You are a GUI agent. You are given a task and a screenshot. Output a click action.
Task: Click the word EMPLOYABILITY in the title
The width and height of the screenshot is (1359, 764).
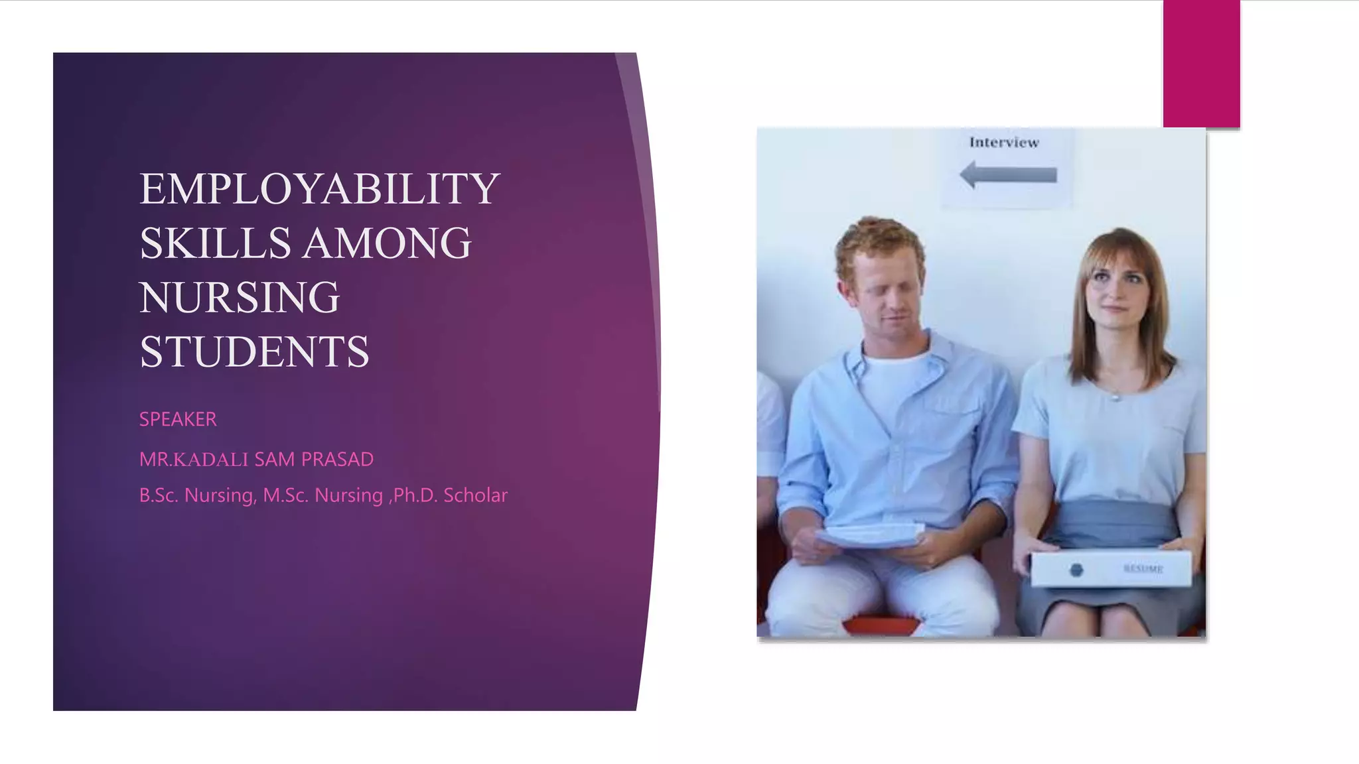(x=319, y=189)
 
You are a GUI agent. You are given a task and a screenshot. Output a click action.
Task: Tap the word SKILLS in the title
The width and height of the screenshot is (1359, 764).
(x=215, y=243)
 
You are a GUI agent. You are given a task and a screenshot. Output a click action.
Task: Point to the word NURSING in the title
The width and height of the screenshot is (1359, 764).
(x=240, y=298)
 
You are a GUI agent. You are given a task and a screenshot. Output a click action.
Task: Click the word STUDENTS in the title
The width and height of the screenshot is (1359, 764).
(x=254, y=352)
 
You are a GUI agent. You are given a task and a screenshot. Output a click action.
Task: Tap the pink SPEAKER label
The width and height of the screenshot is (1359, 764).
(x=178, y=419)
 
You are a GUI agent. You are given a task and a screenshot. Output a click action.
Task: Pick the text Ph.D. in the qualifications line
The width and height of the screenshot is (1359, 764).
(x=415, y=495)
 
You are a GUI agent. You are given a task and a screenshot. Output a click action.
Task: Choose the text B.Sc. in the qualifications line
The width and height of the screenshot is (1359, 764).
(x=159, y=495)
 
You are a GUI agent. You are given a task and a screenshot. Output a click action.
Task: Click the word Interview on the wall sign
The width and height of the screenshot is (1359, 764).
(x=1004, y=143)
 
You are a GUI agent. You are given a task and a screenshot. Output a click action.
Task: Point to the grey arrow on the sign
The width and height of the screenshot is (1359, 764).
(x=1008, y=176)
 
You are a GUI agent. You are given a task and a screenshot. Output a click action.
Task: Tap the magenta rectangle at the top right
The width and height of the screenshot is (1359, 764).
(x=1201, y=64)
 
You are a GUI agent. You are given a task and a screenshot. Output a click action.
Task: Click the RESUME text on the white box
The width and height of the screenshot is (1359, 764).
(x=1143, y=569)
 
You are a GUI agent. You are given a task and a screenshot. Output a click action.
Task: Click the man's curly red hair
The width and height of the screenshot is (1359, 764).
(x=879, y=239)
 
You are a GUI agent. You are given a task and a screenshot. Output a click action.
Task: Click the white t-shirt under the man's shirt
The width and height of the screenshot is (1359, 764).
(x=896, y=385)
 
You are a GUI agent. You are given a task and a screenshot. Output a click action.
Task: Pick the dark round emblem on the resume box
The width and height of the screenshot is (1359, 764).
(x=1076, y=570)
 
